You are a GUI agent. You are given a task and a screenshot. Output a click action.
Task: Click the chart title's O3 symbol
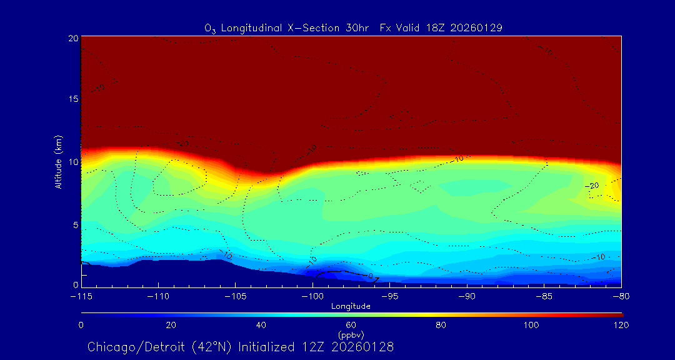click(x=210, y=28)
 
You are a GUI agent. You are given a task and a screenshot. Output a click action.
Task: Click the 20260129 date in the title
click(x=479, y=27)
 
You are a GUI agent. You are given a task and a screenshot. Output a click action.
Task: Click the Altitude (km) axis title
click(x=58, y=162)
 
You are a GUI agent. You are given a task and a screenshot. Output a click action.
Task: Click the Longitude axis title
click(x=351, y=306)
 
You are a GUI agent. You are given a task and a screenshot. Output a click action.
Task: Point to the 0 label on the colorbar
click(x=81, y=325)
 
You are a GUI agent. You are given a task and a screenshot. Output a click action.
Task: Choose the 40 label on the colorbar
click(x=261, y=325)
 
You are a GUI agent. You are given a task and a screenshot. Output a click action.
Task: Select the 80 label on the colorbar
click(x=441, y=325)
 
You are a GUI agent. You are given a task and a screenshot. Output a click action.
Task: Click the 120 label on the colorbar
click(x=621, y=325)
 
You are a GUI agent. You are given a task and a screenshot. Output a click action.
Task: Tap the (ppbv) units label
click(x=351, y=334)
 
